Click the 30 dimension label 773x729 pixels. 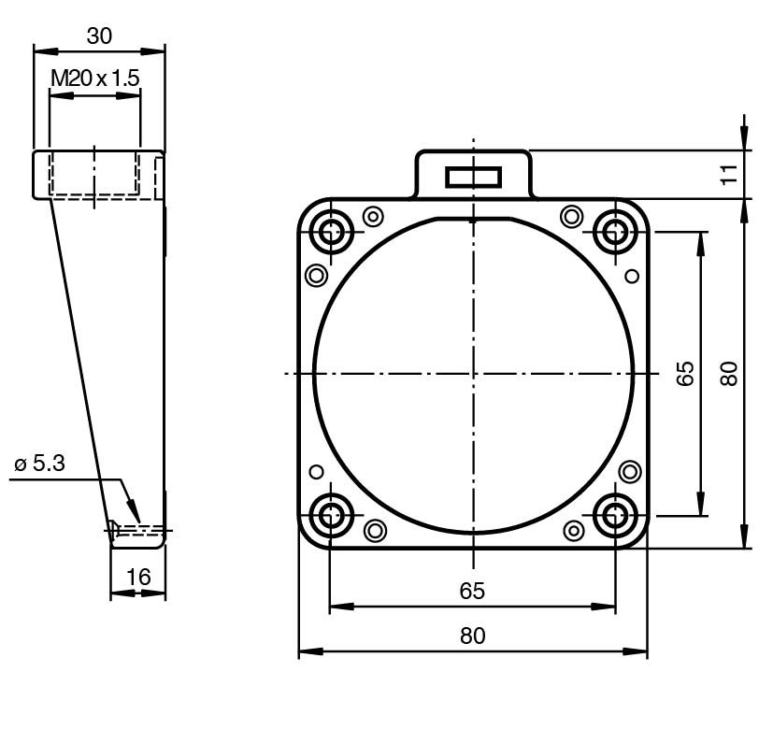(99, 36)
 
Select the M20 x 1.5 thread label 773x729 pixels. (95, 78)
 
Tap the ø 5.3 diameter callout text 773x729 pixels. (40, 464)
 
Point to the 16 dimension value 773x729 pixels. (138, 577)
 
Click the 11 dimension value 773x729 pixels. (729, 174)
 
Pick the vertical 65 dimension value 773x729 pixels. (685, 373)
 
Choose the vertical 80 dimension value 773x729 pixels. (729, 373)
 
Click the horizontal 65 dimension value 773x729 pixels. (472, 591)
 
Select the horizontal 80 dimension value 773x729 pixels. (472, 636)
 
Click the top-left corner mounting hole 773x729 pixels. (331, 231)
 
